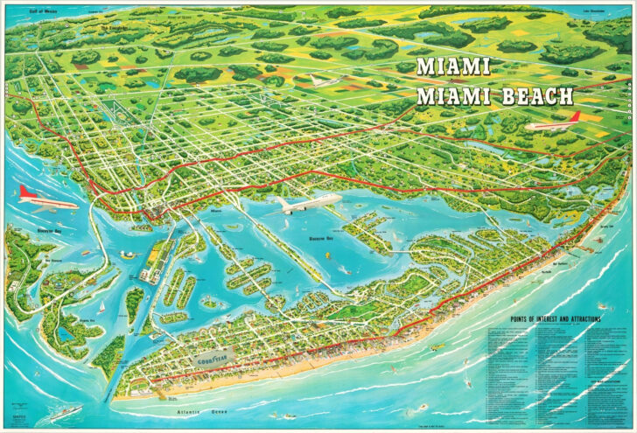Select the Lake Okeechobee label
click(600, 11)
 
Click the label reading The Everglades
click(114, 26)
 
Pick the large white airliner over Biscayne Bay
click(309, 205)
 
